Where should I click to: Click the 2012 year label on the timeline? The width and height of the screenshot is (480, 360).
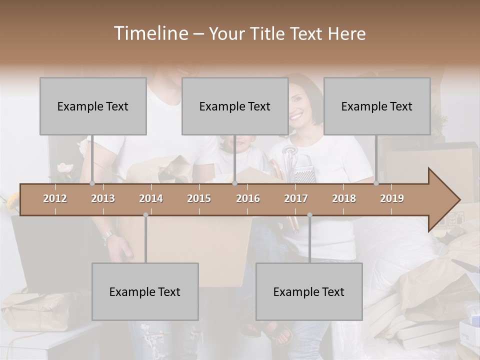55,198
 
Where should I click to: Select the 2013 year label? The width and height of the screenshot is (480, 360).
103,198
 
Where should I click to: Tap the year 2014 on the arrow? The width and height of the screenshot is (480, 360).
151,198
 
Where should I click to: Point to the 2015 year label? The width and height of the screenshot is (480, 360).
199,198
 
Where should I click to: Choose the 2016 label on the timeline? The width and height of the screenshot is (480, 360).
248,198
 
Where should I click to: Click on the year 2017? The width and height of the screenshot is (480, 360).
296,198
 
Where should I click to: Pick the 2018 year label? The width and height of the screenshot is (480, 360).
344,198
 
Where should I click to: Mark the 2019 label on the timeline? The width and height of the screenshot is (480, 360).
392,198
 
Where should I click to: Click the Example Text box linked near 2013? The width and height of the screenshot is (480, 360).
93,106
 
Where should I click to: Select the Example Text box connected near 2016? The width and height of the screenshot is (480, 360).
235,106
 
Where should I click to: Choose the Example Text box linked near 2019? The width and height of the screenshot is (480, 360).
377,106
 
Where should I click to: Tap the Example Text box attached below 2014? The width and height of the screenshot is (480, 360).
145,291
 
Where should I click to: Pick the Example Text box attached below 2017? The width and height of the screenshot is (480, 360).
309,291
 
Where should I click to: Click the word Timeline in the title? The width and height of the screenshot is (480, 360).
149,33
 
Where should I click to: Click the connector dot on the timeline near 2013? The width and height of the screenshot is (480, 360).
92,183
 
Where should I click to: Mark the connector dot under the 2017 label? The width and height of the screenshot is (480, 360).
309,215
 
